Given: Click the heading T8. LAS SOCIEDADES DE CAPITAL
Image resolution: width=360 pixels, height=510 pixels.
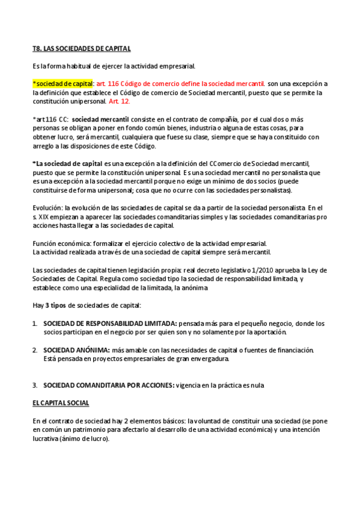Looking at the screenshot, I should click(81, 48).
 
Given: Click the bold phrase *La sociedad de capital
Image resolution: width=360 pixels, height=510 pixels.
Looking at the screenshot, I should click(67, 164).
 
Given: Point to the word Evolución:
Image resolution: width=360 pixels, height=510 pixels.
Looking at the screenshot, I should click(47, 207).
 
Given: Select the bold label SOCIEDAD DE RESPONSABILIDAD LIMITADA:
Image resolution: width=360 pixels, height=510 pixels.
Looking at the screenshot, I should click(110, 323).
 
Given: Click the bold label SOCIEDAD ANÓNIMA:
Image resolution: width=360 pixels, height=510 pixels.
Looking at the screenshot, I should click(76, 350).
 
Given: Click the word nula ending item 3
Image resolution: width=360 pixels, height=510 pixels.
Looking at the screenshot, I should click(255, 385).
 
